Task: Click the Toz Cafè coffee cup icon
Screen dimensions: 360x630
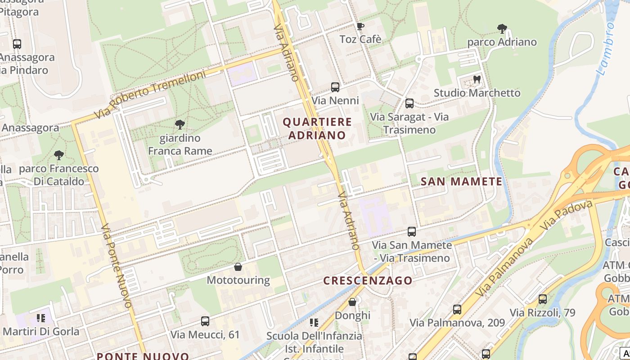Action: (x=360, y=26)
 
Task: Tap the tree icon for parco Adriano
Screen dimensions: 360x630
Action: (x=502, y=29)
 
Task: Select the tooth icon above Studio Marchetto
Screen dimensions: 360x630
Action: (x=477, y=80)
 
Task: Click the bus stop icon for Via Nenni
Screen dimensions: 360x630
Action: (x=335, y=87)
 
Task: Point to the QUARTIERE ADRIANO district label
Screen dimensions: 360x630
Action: (x=317, y=128)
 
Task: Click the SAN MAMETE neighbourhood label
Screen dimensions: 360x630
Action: (x=461, y=181)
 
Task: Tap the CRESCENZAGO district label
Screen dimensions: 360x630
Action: (x=368, y=280)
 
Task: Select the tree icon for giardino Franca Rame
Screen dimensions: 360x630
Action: (x=180, y=124)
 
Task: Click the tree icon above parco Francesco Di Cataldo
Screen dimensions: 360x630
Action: (x=58, y=155)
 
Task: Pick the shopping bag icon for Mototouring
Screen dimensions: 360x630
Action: (x=238, y=267)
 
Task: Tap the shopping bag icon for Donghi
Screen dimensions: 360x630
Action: (x=352, y=302)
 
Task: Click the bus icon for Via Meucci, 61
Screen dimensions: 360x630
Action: (x=205, y=321)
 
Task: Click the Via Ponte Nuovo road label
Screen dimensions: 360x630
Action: (x=116, y=265)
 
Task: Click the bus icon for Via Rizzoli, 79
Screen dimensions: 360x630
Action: (x=543, y=299)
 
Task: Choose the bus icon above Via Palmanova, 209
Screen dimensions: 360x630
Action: (x=457, y=309)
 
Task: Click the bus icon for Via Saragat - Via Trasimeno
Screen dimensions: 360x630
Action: (x=409, y=103)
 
